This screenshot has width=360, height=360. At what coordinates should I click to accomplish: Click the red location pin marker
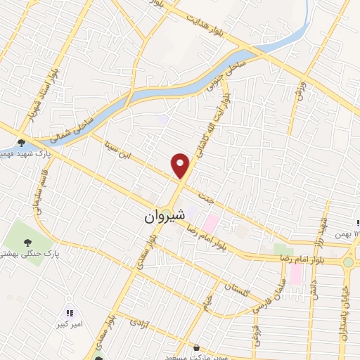pyautogui.click(x=181, y=165)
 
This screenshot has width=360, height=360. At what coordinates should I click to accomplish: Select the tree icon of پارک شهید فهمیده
pyautogui.click(x=22, y=141)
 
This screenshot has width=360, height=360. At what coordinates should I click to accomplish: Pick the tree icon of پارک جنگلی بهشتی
pyautogui.click(x=28, y=243)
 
